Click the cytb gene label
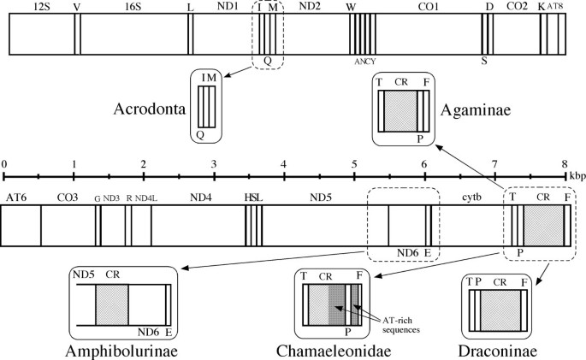[473, 198]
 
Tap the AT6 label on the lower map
[17, 198]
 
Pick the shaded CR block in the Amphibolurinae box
[111, 304]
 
